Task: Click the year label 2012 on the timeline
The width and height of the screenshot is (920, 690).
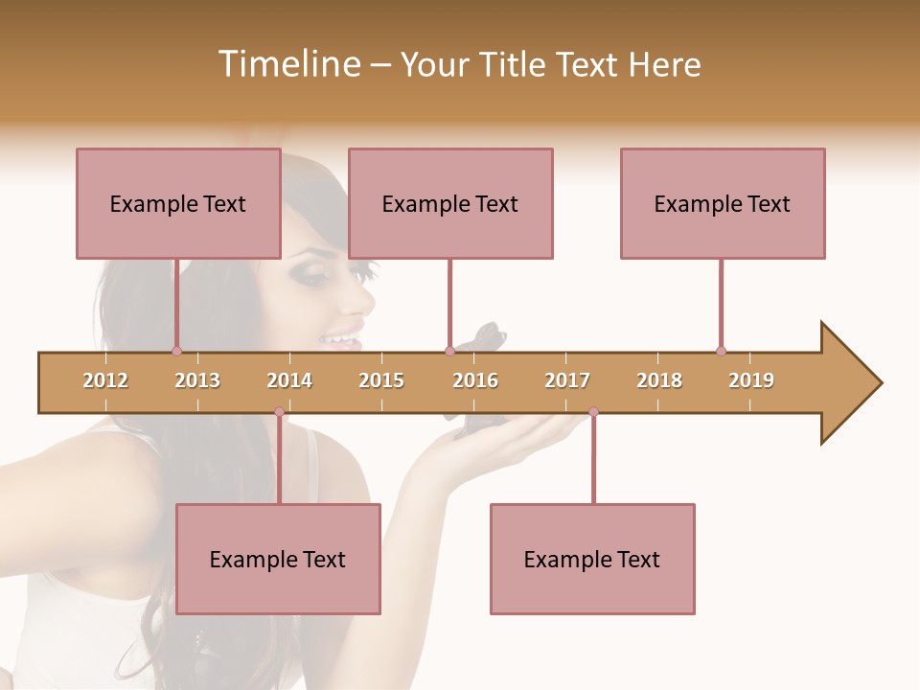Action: [x=105, y=380]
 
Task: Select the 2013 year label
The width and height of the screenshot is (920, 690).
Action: [x=197, y=380]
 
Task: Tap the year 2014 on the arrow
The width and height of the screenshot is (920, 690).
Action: [x=289, y=380]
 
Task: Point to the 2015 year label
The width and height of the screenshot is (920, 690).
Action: [x=381, y=380]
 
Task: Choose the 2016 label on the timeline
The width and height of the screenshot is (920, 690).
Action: [x=475, y=380]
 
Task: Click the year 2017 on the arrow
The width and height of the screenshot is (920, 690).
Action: [x=567, y=380]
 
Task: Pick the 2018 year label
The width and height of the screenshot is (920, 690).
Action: [x=659, y=380]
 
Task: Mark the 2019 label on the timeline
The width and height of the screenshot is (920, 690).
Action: [x=751, y=380]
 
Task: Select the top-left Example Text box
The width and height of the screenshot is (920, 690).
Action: [x=178, y=203]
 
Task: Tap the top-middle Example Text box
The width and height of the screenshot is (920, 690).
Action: [x=450, y=203]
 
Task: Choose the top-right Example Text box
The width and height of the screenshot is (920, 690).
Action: [x=723, y=203]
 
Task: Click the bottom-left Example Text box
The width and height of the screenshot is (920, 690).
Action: [x=278, y=559]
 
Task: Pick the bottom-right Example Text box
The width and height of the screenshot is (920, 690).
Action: [x=592, y=559]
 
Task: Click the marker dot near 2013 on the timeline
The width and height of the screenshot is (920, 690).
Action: [x=176, y=351]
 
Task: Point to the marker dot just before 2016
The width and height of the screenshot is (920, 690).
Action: [x=449, y=351]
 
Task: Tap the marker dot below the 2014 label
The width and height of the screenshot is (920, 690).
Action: [x=279, y=412]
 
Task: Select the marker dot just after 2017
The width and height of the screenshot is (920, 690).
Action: [x=593, y=412]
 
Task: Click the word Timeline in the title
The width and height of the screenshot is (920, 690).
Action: [x=287, y=64]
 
